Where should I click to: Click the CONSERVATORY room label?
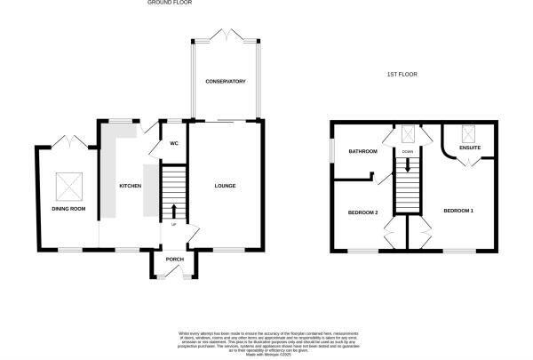coord(226,82)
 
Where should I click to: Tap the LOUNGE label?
coord(226,186)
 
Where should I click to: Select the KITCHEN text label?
coord(130,186)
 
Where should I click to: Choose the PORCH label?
coord(174,260)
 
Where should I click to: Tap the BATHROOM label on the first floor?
coord(362,152)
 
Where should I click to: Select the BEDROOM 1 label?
coord(458,210)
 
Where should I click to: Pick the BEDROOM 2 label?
coord(362,212)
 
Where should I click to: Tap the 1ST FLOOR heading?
coord(402,75)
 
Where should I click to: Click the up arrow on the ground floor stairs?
coord(174,212)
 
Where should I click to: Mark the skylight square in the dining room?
coord(68,185)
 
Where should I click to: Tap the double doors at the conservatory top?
coord(226,36)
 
